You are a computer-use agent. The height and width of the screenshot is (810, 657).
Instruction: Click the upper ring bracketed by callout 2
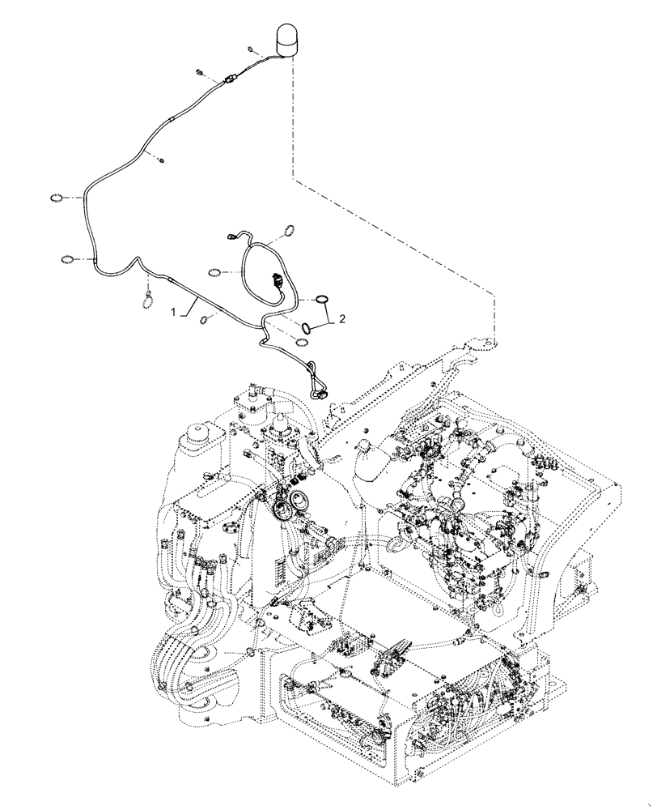[x=320, y=299]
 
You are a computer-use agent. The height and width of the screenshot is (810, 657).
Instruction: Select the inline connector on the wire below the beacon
[x=231, y=79]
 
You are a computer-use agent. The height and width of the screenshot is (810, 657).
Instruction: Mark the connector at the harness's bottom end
[x=317, y=394]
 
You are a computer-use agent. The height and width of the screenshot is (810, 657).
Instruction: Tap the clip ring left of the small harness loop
[x=215, y=271]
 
